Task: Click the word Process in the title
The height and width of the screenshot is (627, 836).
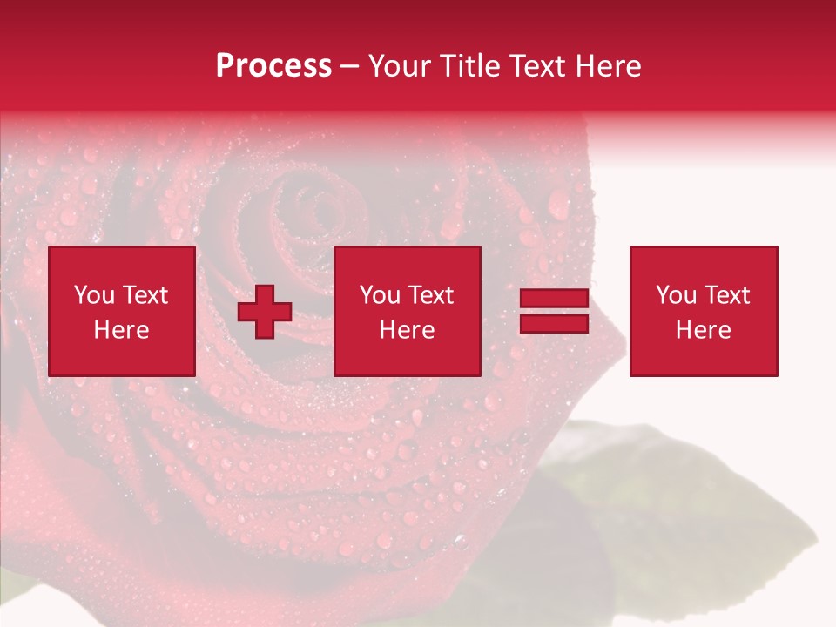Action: tap(273, 66)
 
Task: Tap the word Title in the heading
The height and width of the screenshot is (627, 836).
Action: tap(466, 66)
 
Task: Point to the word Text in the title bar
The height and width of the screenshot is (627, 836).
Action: tap(536, 66)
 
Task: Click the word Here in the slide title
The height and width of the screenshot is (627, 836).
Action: tap(609, 66)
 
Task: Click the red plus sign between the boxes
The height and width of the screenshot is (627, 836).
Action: tap(265, 311)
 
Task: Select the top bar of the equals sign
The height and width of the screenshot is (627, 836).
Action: tap(554, 299)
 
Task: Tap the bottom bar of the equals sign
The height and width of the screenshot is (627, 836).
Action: tap(554, 323)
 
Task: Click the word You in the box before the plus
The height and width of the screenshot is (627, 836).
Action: tap(94, 295)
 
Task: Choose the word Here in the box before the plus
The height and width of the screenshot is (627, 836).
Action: tap(121, 330)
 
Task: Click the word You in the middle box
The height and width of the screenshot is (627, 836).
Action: tap(380, 295)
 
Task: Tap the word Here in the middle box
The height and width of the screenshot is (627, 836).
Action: tap(407, 330)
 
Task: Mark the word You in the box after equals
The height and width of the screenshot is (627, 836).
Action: tap(676, 295)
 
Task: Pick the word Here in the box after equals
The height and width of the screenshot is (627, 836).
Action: tap(703, 330)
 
